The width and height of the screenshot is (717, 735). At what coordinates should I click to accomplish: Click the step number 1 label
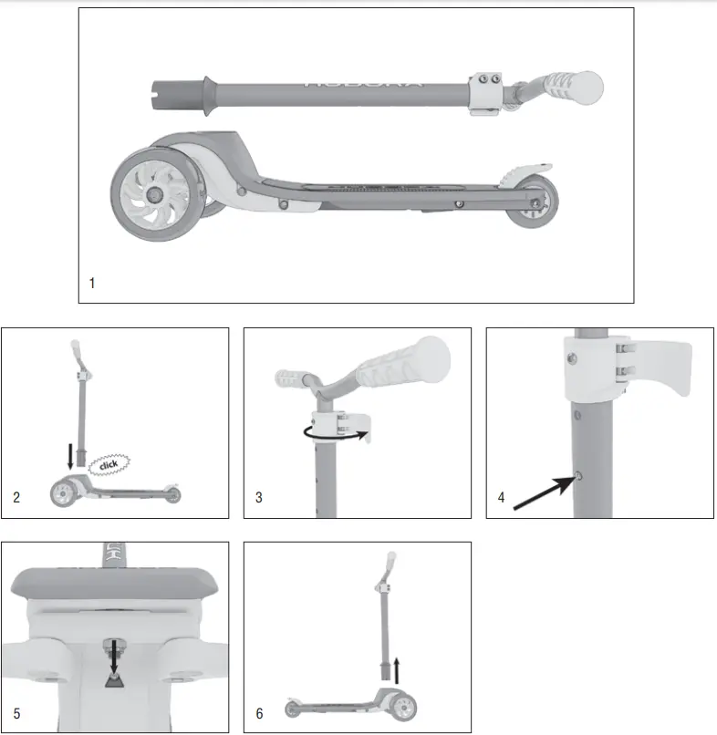click(x=92, y=283)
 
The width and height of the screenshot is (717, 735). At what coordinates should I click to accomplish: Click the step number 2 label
click(x=16, y=498)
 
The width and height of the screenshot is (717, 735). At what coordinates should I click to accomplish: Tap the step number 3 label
click(x=259, y=498)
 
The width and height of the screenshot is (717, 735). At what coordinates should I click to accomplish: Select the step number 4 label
click(x=501, y=498)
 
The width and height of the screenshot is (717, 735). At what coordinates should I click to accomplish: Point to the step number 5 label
click(x=16, y=713)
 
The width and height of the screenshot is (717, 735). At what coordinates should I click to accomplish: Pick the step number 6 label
click(x=259, y=713)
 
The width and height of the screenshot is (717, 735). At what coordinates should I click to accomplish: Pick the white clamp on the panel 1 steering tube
click(x=483, y=94)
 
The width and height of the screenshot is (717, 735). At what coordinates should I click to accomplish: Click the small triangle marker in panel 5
click(x=114, y=682)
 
